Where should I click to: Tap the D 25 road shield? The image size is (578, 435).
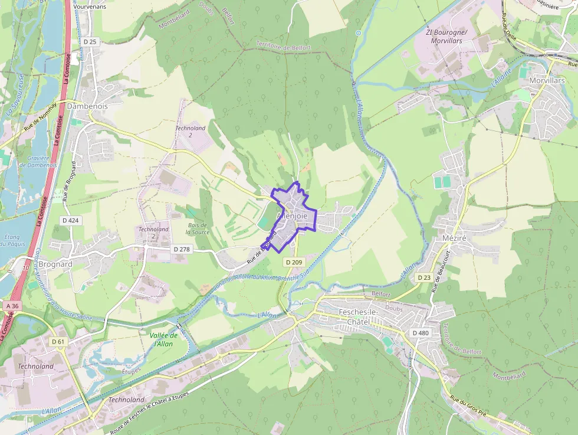90,42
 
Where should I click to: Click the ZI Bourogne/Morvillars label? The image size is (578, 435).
446,36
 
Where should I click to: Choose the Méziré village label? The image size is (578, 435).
454,238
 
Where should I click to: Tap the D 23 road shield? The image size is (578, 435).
424,277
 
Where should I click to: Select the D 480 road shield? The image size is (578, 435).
421,333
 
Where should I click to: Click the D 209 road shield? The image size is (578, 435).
294,261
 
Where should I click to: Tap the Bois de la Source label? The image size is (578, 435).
197,228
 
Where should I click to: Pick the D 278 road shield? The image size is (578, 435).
182,250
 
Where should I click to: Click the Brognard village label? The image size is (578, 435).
54,264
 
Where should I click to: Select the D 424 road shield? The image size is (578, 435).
70,220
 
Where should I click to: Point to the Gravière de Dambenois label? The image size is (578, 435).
38,161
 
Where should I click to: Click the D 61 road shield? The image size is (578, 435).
58,342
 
